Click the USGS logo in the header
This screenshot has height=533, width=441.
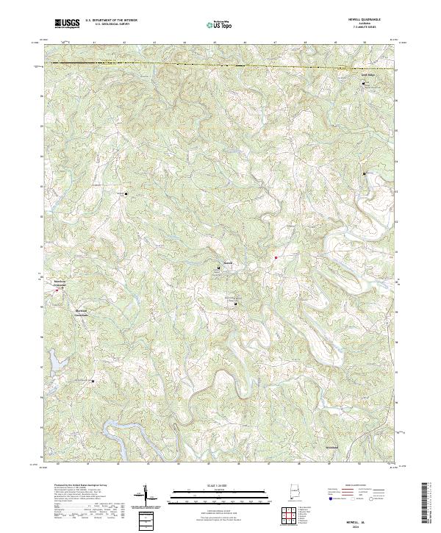click(x=67, y=24)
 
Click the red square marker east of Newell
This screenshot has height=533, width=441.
click(x=275, y=257)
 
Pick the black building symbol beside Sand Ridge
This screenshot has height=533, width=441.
click(x=363, y=85)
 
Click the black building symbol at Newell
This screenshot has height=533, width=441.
click(x=218, y=269)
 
